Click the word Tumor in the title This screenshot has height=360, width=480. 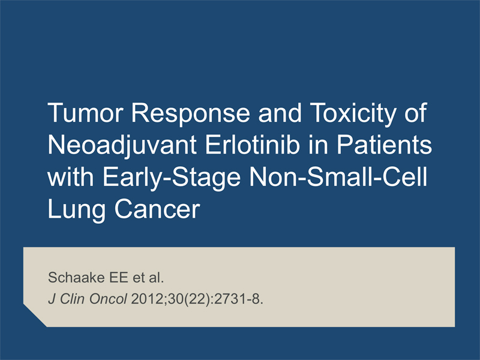[x=85, y=113]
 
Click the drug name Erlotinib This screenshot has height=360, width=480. [x=252, y=145]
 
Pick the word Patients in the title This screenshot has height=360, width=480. [x=384, y=145]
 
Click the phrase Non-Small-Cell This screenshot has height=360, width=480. [x=338, y=177]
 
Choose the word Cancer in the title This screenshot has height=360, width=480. [x=157, y=209]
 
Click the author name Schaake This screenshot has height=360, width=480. [x=76, y=277]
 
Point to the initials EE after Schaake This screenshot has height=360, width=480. [x=118, y=277]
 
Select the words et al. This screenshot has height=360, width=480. [x=148, y=277]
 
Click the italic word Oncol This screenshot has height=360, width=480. [x=108, y=299]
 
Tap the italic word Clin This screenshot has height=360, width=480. [x=72, y=299]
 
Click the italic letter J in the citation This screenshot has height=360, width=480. [x=52, y=299]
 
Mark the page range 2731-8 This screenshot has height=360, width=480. [x=238, y=299]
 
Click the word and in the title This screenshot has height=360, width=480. [x=280, y=113]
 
